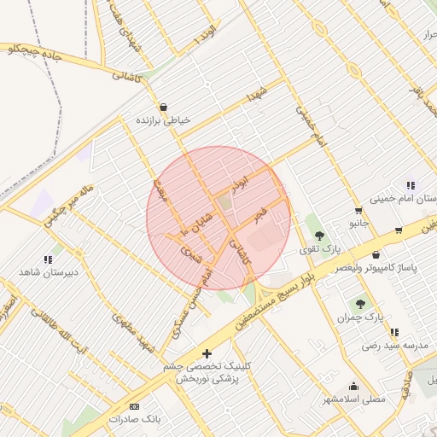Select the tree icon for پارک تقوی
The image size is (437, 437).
pos(319,236)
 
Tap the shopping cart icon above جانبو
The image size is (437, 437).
pos(358,210)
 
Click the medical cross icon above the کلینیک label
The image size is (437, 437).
pos(206,353)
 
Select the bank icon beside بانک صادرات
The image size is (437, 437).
pos(134,406)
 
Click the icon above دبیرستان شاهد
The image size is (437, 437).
pos(48,259)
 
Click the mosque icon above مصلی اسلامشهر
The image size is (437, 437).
pos(354,386)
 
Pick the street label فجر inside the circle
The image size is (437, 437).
pos(260,210)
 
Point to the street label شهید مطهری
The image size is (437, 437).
pos(137,335)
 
